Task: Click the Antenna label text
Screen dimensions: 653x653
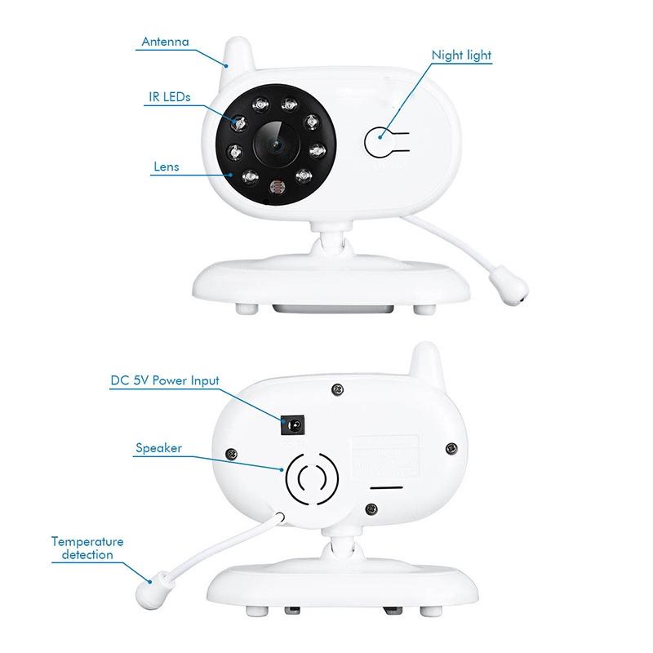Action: coord(165,42)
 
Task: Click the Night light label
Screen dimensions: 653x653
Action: coord(461,56)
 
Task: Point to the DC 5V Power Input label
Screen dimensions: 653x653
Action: coord(165,381)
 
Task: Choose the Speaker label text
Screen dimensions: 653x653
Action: coord(159,448)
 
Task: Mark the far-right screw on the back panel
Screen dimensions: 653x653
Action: coord(451,446)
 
